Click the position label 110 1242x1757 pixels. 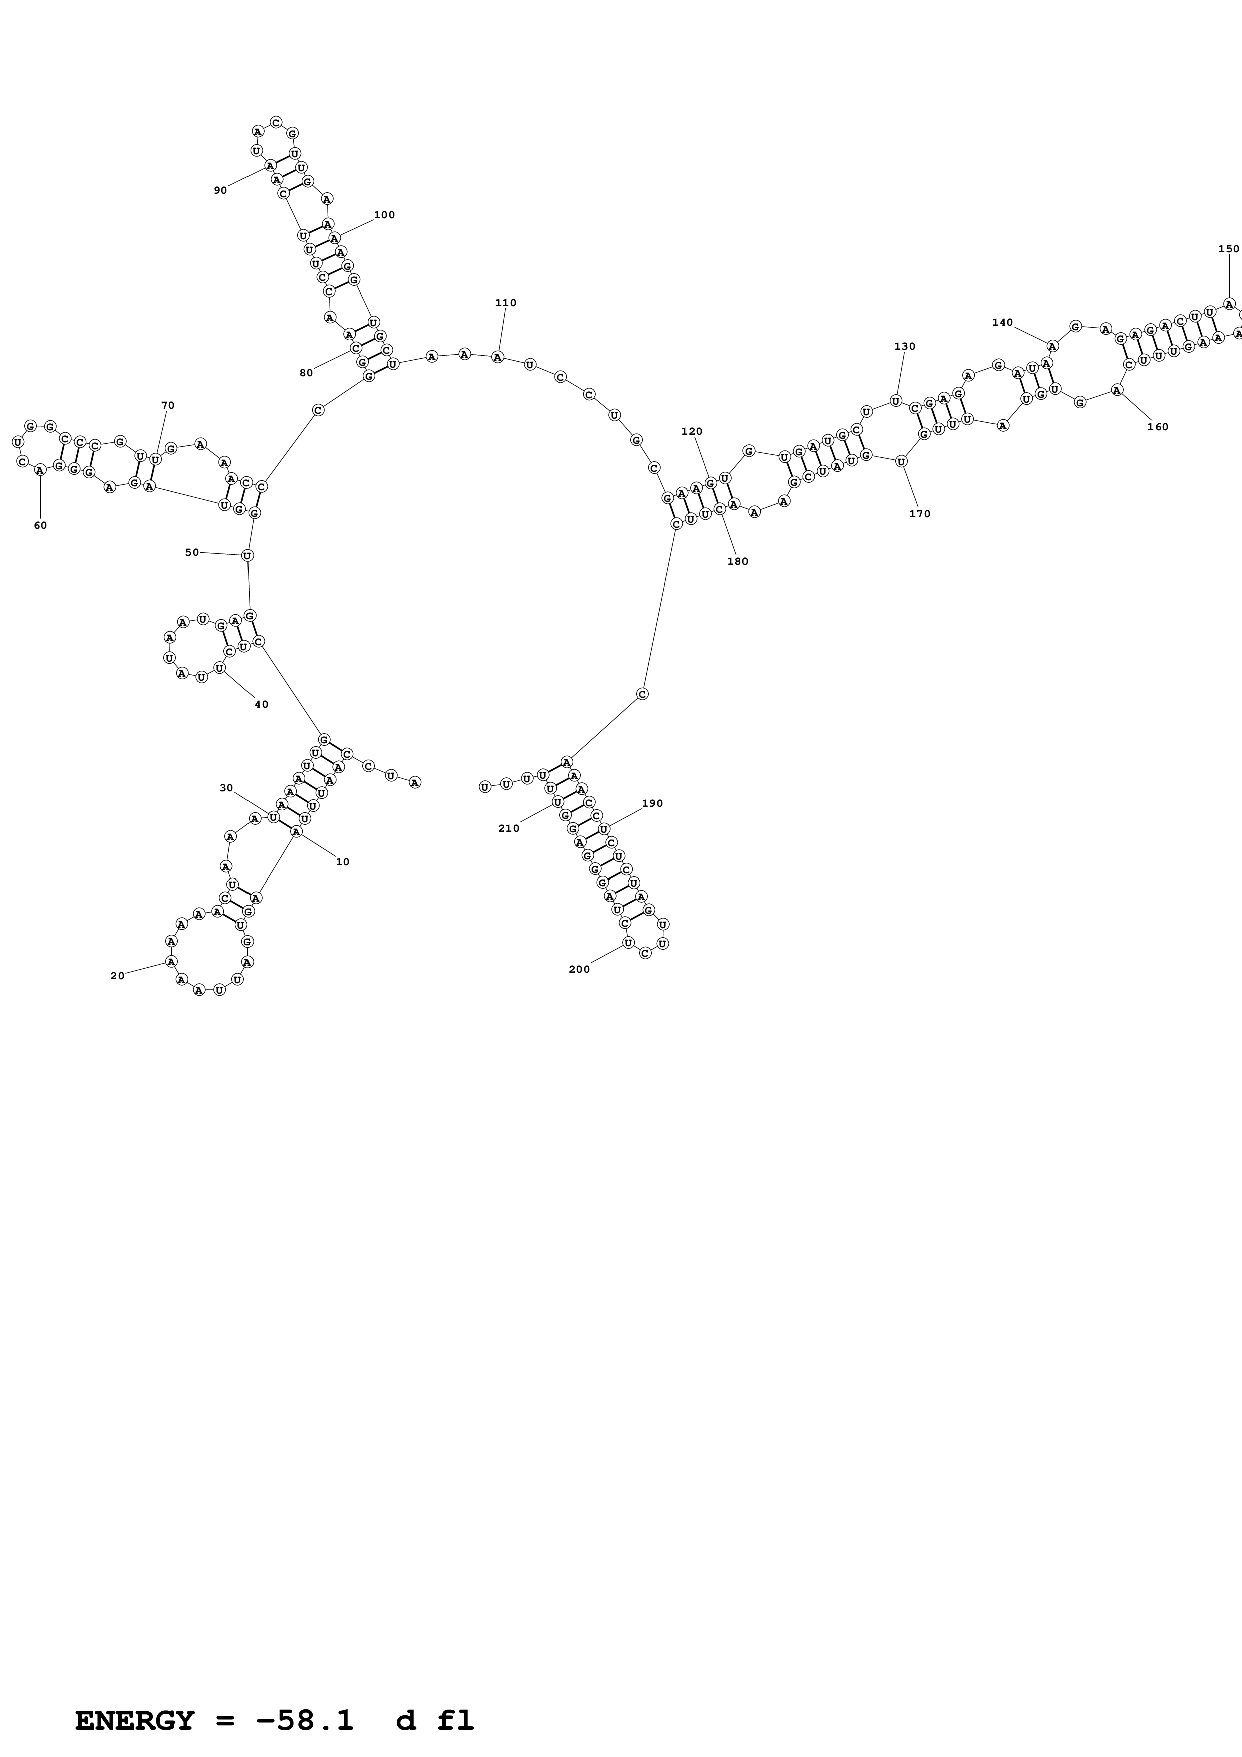[505, 303]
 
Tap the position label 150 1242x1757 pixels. [1228, 249]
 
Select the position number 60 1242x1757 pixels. [40, 526]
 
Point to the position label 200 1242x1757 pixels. [579, 969]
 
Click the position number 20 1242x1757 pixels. [117, 976]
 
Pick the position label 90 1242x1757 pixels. [220, 190]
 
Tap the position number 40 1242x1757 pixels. [261, 704]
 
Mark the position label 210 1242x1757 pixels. [508, 828]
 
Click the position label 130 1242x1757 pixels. [904, 346]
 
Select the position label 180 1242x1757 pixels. [737, 561]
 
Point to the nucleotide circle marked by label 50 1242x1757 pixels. [247, 555]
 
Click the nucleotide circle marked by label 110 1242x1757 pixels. [498, 357]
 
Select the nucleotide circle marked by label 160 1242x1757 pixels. [1117, 390]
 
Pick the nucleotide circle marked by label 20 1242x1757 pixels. [171, 961]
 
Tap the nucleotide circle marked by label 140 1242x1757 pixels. [1052, 346]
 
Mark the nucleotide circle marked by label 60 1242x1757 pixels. [40, 471]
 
